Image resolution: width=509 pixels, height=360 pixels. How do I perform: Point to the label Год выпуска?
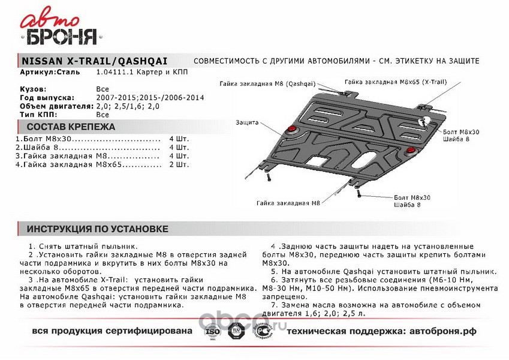coord(47,97)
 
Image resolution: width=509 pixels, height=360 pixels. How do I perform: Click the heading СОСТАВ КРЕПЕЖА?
coord(71,127)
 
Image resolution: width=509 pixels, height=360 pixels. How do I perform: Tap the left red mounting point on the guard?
coord(292,130)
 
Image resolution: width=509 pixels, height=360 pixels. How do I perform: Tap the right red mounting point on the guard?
coord(410,149)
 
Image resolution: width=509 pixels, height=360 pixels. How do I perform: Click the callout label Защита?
coord(247,122)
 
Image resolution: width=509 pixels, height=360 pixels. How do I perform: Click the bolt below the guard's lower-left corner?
coord(270,178)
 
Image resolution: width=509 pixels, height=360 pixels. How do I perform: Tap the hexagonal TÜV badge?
coord(237,331)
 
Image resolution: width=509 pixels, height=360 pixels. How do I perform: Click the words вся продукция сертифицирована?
coord(112,331)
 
